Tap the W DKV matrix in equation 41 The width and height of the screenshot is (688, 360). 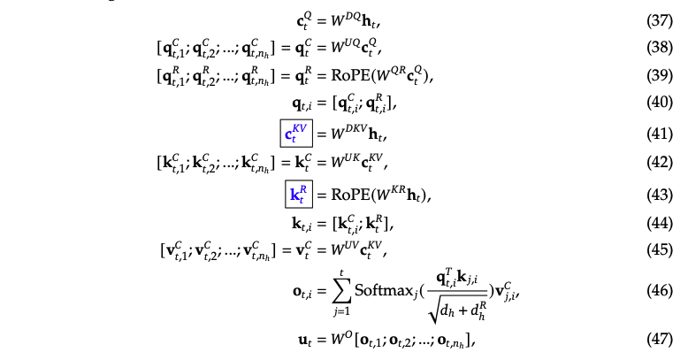[x=343, y=135]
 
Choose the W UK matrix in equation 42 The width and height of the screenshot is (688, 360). [x=340, y=165]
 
